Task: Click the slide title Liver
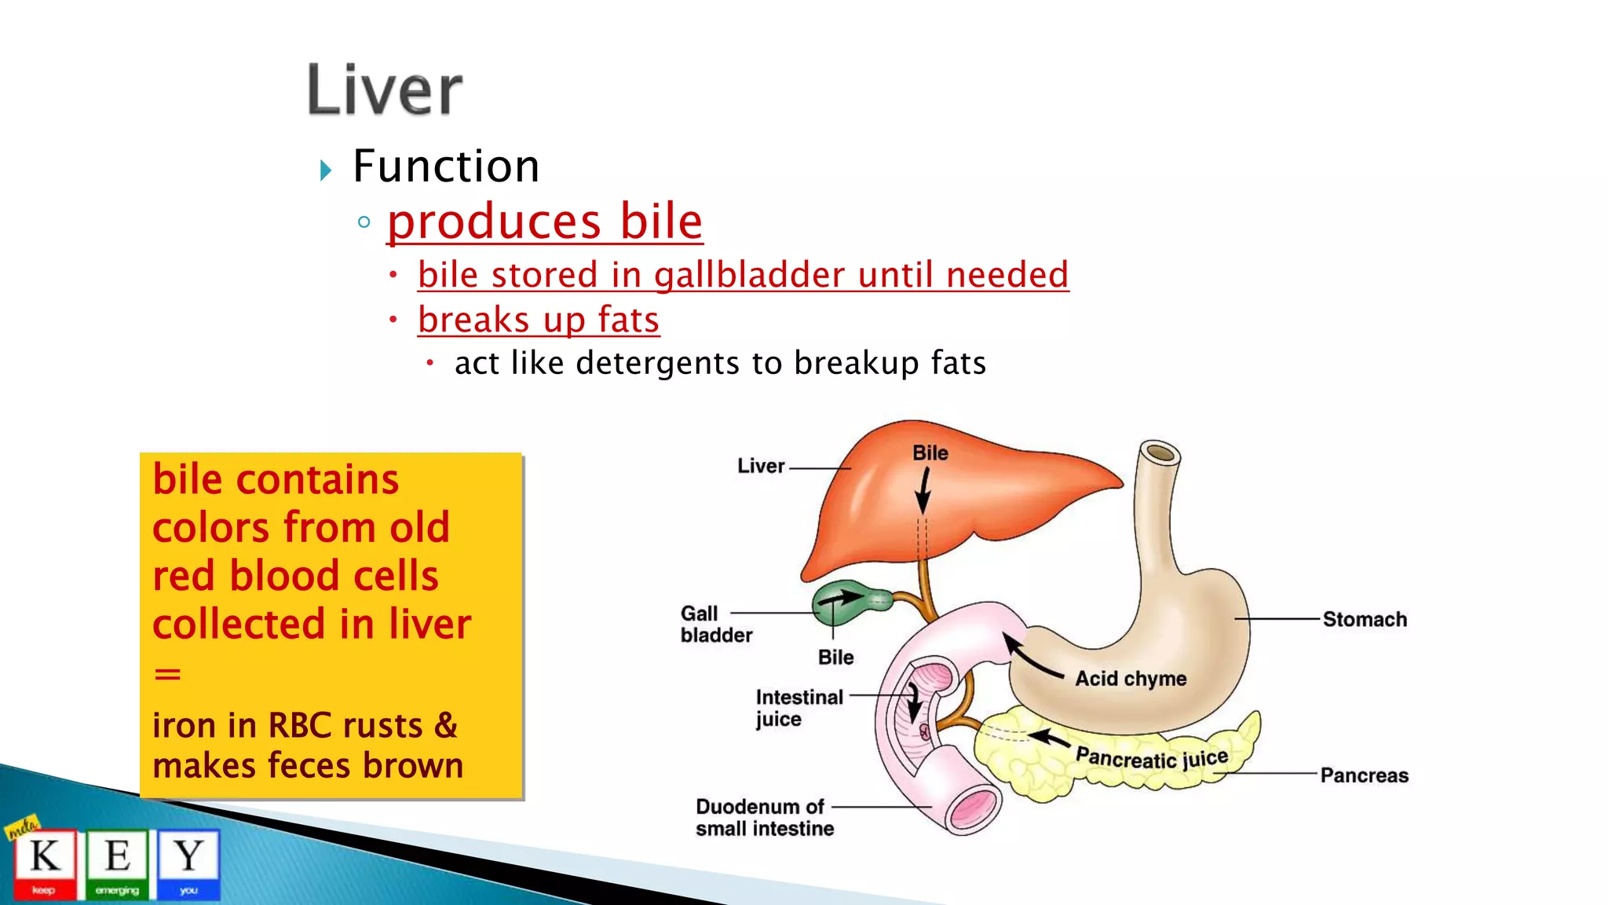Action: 385,90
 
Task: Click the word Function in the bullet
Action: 446,167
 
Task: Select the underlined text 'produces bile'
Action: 545,222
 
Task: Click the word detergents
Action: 658,363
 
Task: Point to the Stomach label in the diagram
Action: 1365,619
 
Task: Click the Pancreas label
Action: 1364,775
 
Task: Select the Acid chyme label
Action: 1131,679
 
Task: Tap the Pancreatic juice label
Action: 1151,758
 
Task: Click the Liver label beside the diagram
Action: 761,466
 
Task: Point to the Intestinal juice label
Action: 798,708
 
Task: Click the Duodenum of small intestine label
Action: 763,818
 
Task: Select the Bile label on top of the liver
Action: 930,453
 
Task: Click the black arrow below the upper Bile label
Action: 924,491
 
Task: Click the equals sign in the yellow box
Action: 167,674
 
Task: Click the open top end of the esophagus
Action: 1160,453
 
